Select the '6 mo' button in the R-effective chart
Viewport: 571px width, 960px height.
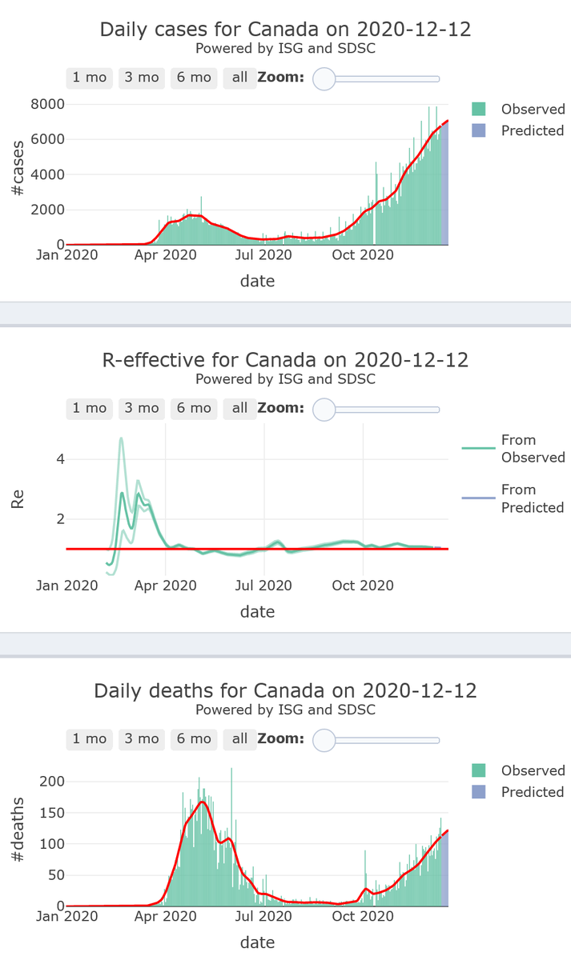194,408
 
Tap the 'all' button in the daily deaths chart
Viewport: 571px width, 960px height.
240,738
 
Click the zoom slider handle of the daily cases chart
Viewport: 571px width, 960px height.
324,78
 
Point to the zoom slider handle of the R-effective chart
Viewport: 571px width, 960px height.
324,409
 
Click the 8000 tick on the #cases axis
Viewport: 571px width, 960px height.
47,104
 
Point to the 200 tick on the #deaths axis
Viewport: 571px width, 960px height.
50,781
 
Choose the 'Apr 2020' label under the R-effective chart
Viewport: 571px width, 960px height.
165,586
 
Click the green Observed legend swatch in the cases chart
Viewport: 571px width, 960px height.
479,109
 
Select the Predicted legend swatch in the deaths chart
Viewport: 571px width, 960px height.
479,792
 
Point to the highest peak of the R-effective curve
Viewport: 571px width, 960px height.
121,438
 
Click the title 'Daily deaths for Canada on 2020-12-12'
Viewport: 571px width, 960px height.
285,690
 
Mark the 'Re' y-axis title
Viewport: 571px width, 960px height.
18,501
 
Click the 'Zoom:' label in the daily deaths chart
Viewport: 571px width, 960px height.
280,738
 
